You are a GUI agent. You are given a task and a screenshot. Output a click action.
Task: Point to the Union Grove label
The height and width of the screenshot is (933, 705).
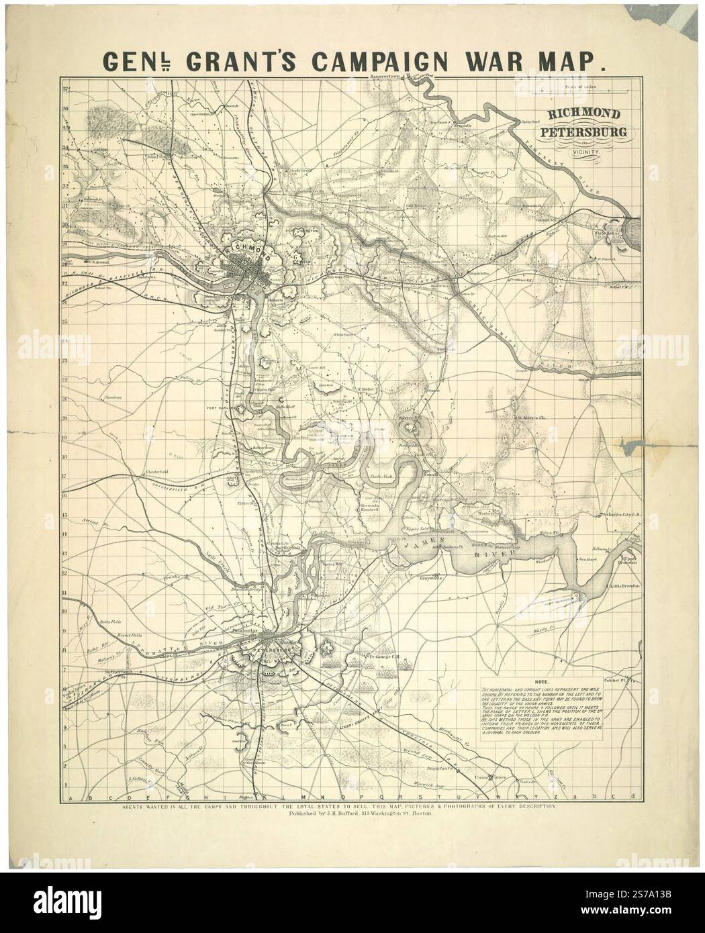(488, 777)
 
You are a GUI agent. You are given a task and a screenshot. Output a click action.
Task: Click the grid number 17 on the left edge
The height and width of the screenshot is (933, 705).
(65, 477)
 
